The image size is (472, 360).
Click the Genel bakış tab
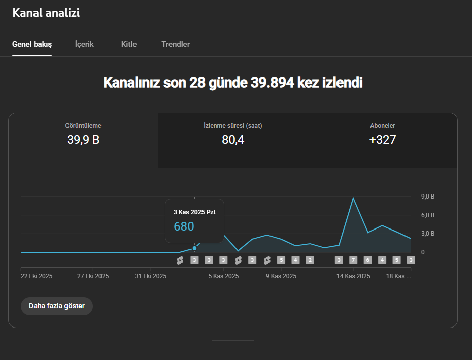point(32,44)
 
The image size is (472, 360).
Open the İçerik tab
point(84,44)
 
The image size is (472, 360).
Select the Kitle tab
point(129,44)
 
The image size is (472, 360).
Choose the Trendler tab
point(176,44)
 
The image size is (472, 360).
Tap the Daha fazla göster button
point(57,306)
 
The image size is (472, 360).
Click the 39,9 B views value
point(83,140)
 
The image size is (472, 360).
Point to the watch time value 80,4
point(232,140)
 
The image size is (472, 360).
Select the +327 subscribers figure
point(382,140)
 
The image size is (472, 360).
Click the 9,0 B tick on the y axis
point(428,197)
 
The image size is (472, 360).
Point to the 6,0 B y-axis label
point(428,215)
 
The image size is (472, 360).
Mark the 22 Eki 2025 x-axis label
point(37,276)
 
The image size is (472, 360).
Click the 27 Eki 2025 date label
point(93,276)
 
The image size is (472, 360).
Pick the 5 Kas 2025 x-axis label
point(223,276)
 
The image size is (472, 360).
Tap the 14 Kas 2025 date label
point(353,276)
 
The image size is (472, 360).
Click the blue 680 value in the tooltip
point(184,226)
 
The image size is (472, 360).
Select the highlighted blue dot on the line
point(194,248)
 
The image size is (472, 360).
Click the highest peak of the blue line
point(353,198)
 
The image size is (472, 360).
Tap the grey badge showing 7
point(353,260)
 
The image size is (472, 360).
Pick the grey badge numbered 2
point(310,260)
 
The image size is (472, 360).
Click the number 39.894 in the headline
point(272,83)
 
